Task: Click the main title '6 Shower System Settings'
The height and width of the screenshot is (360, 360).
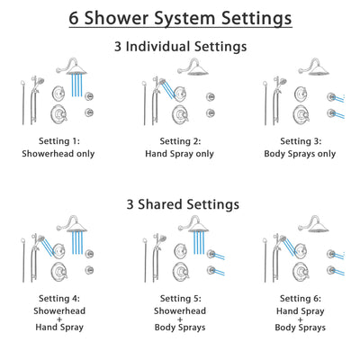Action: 180,17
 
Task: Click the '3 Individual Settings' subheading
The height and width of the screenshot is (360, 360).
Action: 180,47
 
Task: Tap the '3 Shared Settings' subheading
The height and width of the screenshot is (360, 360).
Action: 180,204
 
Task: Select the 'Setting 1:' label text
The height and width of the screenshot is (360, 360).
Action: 59,141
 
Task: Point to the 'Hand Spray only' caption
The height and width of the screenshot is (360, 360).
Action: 180,154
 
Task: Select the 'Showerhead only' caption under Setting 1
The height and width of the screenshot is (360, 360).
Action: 59,154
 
